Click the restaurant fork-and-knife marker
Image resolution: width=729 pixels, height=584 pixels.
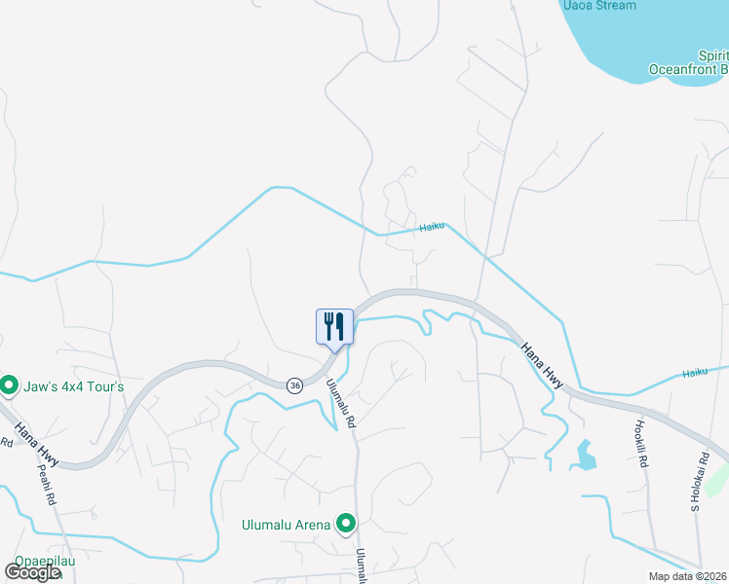[334, 325]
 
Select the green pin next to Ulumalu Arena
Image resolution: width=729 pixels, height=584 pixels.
[345, 525]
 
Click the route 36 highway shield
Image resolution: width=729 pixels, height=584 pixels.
[294, 385]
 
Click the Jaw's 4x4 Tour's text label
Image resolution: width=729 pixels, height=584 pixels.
[73, 386]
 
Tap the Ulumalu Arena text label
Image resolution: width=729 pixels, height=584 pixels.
[287, 526]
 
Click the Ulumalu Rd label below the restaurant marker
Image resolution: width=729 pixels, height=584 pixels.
[342, 404]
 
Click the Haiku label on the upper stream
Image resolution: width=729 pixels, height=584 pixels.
[432, 227]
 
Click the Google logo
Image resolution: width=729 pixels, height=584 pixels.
[32, 572]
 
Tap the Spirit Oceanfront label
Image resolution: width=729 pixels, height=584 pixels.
[691, 62]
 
